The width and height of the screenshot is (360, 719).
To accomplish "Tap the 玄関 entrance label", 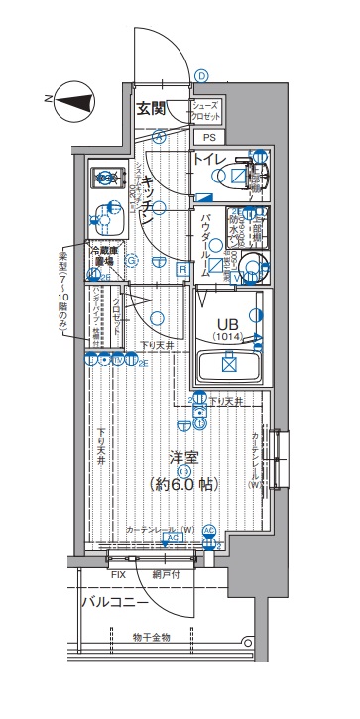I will pyautogui.click(x=152, y=108).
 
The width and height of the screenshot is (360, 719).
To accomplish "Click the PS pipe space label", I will pyautogui.click(x=208, y=138).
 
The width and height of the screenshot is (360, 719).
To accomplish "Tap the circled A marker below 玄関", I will pyautogui.click(x=158, y=138).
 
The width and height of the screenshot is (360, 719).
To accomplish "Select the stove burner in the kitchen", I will pyautogui.click(x=104, y=179).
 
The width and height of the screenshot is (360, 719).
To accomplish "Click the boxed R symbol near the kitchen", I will pyautogui.click(x=182, y=268).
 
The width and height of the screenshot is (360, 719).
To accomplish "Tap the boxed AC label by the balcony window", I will pyautogui.click(x=169, y=538).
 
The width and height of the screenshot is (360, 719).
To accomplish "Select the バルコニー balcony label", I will pyautogui.click(x=115, y=602).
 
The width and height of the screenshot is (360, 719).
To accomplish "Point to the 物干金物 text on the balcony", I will pyautogui.click(x=152, y=636).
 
